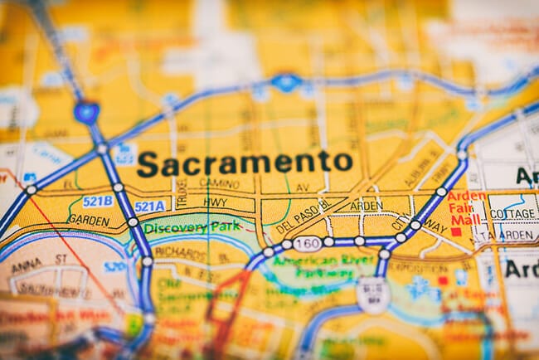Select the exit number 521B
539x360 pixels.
pyautogui.click(x=97, y=201)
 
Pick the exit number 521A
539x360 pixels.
pyautogui.click(x=149, y=207)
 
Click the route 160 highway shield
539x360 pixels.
pyautogui.click(x=306, y=242)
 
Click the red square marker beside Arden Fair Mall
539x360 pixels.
pyautogui.click(x=456, y=231)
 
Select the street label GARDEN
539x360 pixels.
pyautogui.click(x=88, y=220)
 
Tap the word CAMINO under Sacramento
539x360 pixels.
pyautogui.click(x=219, y=184)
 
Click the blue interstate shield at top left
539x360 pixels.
pyautogui.click(x=85, y=111)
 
